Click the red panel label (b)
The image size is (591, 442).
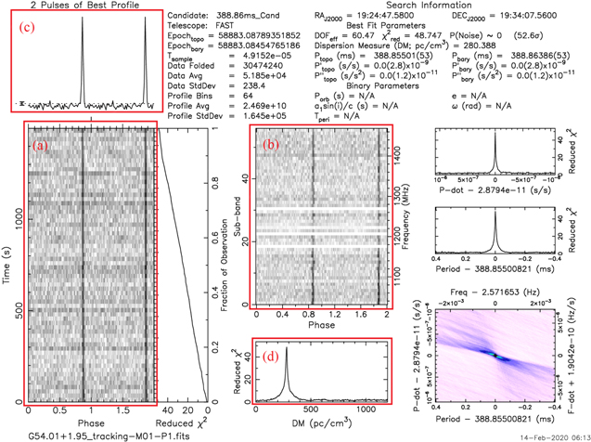[270, 145]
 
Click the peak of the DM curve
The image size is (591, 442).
[286, 349]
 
